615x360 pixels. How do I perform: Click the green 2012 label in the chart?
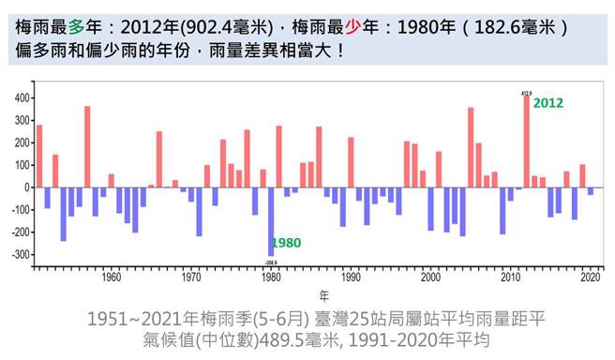click(547, 103)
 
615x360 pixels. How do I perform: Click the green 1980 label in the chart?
click(287, 242)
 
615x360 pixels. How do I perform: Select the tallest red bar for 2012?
click(527, 141)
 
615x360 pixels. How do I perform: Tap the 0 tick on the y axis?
click(25, 187)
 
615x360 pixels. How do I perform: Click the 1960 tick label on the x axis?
click(111, 277)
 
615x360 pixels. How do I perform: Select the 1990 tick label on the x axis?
click(352, 277)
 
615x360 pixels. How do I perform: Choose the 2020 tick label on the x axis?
click(591, 277)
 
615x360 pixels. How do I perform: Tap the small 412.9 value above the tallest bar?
click(527, 92)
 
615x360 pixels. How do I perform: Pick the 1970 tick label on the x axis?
click(191, 277)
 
